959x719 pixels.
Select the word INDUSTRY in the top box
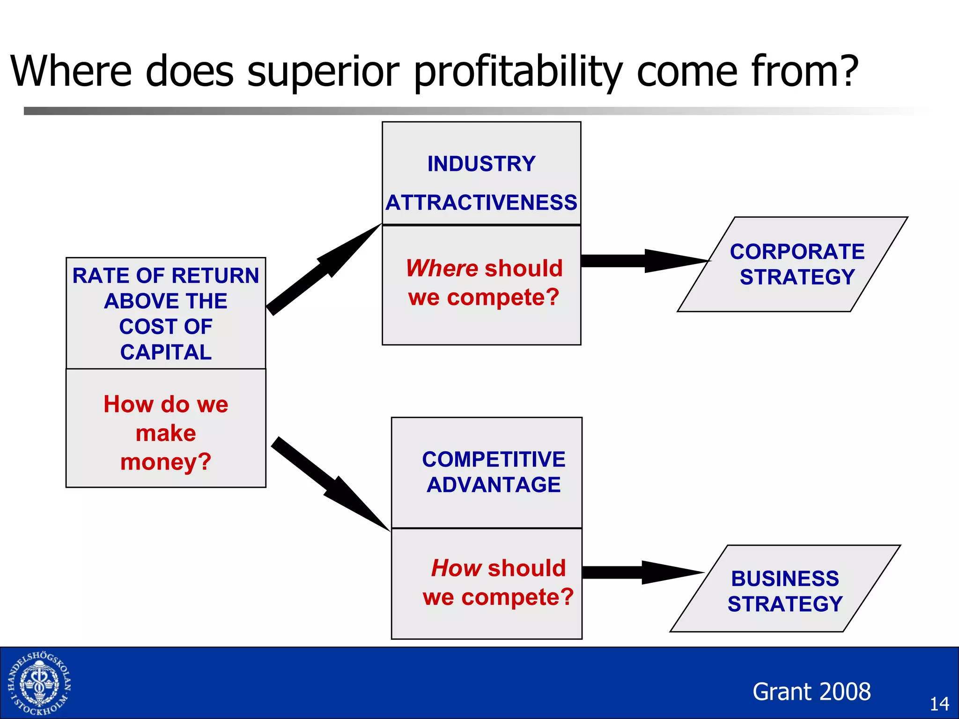(481, 164)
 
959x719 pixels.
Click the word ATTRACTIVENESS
(481, 203)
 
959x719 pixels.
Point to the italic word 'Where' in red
(442, 268)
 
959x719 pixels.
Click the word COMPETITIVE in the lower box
(494, 459)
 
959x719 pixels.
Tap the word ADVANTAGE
(494, 484)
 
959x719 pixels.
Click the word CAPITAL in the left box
(166, 352)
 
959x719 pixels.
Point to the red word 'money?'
(166, 462)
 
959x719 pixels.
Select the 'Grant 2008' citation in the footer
(811, 691)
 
